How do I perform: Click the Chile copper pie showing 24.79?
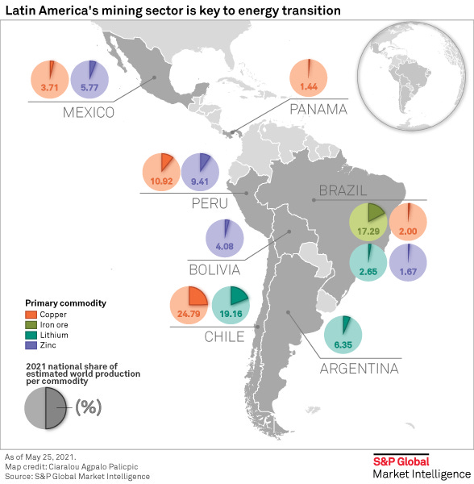tap(190, 306)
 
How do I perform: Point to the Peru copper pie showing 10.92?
tap(162, 172)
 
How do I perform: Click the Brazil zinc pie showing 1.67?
tap(408, 264)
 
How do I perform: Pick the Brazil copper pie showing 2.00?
tap(408, 223)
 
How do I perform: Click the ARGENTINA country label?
tap(359, 369)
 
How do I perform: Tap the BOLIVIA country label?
tap(214, 269)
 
